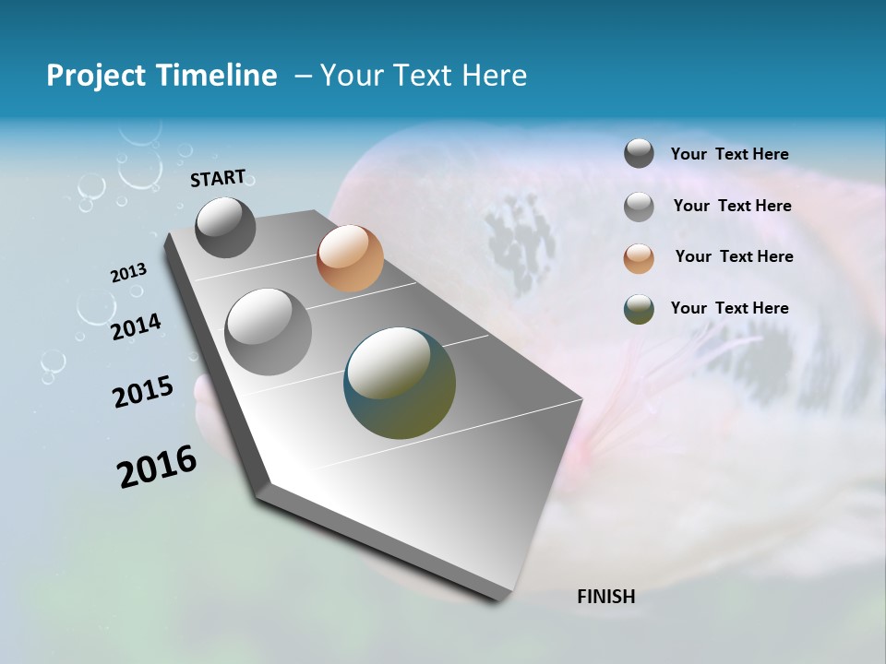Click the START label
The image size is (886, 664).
(x=218, y=178)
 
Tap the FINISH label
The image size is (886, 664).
(x=605, y=597)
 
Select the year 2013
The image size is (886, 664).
(x=128, y=273)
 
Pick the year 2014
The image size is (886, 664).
(x=136, y=326)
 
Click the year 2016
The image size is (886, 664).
(x=157, y=467)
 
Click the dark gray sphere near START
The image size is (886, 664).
(x=225, y=228)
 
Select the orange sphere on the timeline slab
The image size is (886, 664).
(x=350, y=258)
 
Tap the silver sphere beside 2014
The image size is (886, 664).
(x=269, y=332)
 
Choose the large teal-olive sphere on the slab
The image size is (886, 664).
(x=400, y=383)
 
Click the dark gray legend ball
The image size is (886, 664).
(x=639, y=154)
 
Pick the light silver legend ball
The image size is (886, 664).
(x=639, y=206)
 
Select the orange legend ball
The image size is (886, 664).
(x=639, y=257)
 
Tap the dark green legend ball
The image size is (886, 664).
(x=639, y=309)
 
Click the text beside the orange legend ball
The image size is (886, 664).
(x=734, y=256)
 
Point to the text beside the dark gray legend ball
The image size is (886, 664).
(x=729, y=154)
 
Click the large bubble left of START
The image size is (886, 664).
(x=140, y=169)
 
